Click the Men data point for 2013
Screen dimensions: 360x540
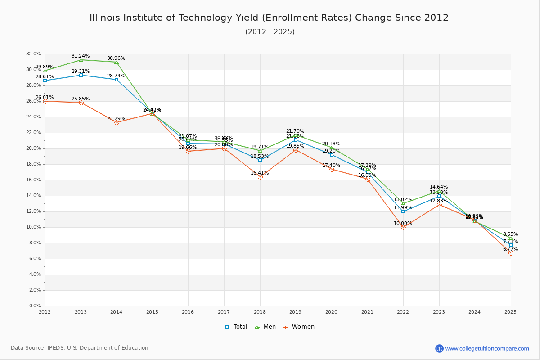[81, 60]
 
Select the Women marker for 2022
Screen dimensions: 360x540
[403, 227]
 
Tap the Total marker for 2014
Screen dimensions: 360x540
[117, 80]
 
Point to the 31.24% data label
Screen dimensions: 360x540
[81, 56]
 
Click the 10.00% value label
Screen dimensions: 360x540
[403, 223]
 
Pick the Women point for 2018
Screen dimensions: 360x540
[260, 177]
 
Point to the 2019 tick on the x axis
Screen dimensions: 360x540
[296, 311]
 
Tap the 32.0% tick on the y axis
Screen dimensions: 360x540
[34, 54]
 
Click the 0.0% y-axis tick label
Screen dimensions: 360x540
[35, 306]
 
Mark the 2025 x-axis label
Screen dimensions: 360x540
[510, 311]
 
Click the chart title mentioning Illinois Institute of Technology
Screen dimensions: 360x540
[269, 18]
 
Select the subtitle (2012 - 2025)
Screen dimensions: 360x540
[270, 32]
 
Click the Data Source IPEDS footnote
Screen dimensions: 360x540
[80, 348]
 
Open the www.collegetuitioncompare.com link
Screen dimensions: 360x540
[487, 348]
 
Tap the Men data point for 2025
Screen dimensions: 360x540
[511, 238]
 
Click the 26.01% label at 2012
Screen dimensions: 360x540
[45, 97]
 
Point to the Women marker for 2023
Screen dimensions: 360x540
[439, 205]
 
